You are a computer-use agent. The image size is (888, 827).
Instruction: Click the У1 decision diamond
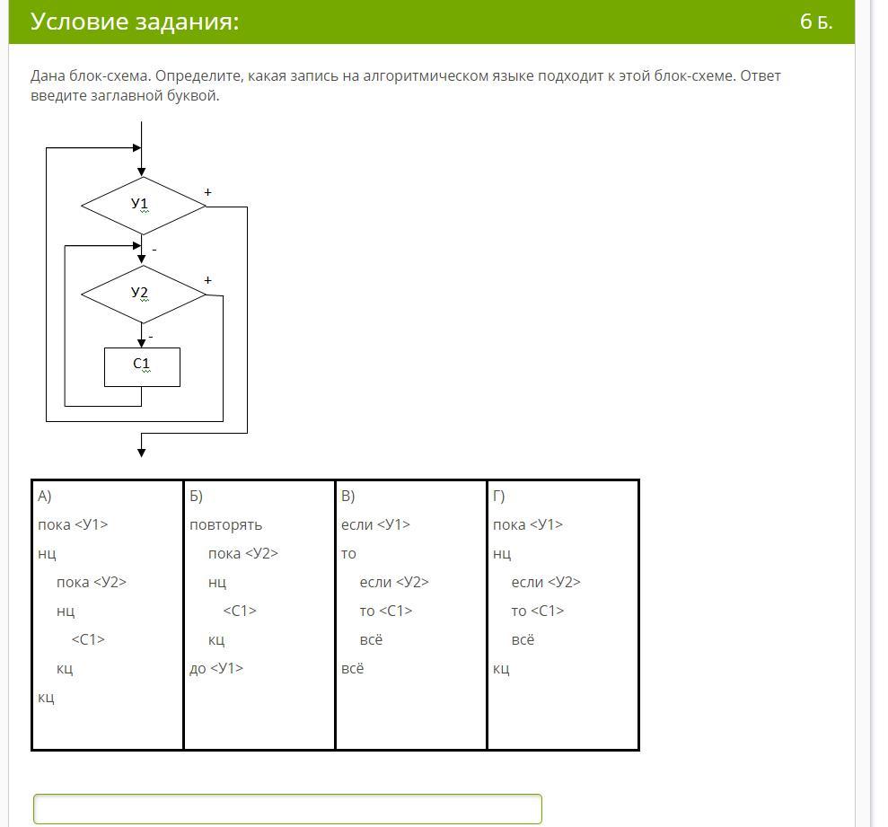click(144, 206)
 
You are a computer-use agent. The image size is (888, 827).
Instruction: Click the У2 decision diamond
click(144, 295)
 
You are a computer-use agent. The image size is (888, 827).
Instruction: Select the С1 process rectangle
click(142, 367)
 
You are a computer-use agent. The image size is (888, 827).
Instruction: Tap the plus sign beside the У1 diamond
click(207, 192)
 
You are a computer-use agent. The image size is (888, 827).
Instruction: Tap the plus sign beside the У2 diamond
click(207, 280)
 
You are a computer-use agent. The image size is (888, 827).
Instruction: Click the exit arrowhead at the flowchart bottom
click(142, 453)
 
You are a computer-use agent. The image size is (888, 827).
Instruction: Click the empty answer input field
click(287, 809)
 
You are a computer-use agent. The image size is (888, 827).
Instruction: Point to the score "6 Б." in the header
click(816, 22)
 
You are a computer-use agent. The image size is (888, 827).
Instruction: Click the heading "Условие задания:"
click(135, 22)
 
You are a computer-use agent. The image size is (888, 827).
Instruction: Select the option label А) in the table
click(45, 496)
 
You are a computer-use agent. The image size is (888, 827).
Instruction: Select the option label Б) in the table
click(196, 496)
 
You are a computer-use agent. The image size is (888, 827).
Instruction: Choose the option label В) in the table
click(347, 496)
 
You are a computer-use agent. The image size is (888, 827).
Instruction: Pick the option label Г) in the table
click(498, 496)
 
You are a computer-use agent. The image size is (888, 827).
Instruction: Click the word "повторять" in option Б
click(226, 525)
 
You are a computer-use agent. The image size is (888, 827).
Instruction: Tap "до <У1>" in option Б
click(216, 668)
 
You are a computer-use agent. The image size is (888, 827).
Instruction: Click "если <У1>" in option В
click(375, 524)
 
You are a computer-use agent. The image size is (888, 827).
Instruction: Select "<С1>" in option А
click(88, 639)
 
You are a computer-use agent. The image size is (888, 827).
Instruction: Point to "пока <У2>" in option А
click(92, 582)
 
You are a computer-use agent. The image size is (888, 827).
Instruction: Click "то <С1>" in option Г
click(538, 611)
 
